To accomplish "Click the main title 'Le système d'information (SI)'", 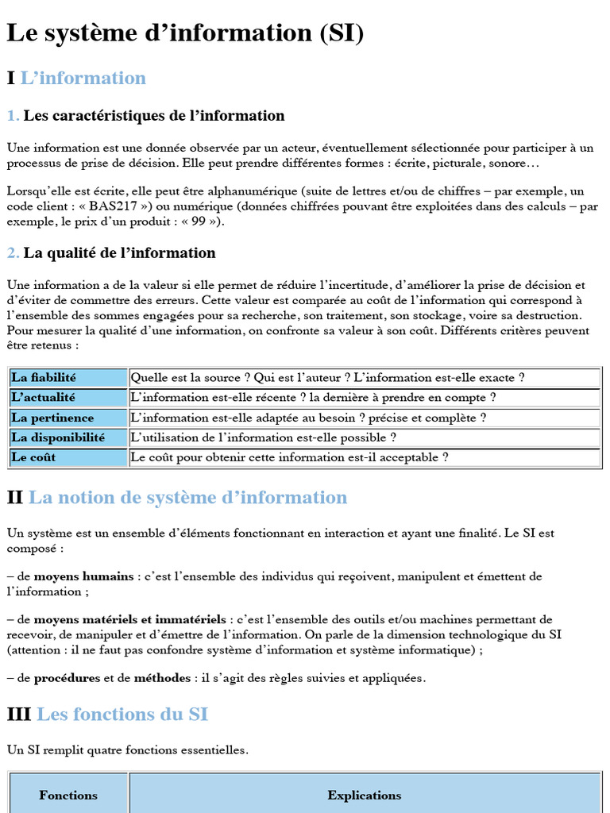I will (185, 33).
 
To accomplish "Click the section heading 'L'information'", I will (83, 78).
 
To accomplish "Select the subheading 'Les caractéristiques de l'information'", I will (153, 116).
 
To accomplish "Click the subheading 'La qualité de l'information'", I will (119, 253).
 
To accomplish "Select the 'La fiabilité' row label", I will (44, 378).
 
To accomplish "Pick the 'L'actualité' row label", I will (44, 398).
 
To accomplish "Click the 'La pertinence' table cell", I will (52, 418).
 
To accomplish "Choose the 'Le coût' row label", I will (34, 457).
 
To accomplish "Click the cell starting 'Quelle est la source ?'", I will (327, 378).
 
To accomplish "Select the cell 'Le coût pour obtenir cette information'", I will (289, 457).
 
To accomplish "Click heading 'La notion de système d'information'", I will (187, 498).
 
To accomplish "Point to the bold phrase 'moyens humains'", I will (83, 576).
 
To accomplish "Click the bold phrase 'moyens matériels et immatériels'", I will (130, 619).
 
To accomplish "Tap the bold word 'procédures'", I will (67, 678).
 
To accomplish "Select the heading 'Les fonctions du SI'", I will (122, 715).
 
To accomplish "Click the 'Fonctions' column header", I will (68, 795).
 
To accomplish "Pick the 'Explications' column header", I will (365, 795).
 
